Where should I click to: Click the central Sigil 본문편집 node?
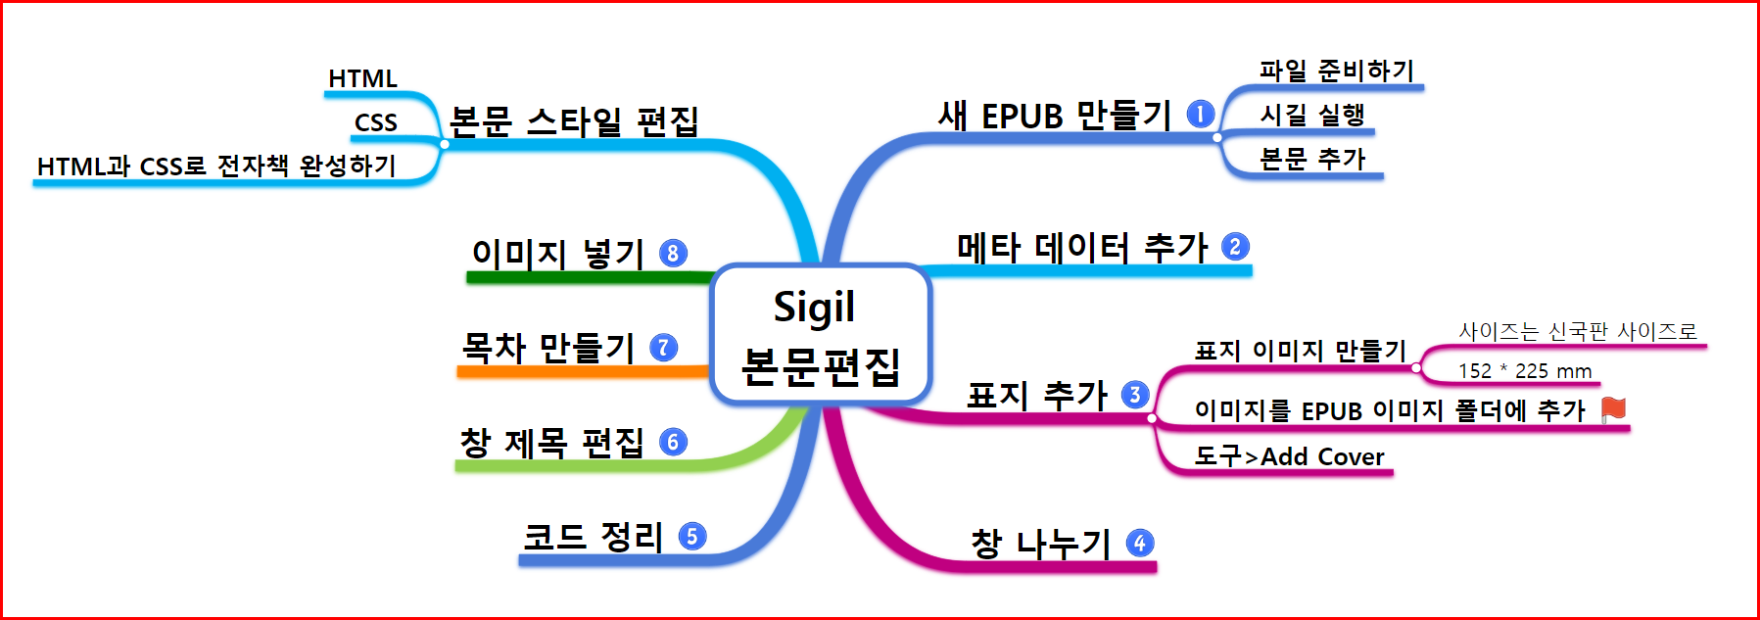(x=819, y=334)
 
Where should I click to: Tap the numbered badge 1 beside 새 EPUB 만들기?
(x=1200, y=115)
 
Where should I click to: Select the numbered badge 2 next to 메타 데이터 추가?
(x=1235, y=247)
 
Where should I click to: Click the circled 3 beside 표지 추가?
(x=1134, y=395)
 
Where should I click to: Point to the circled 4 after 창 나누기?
(x=1139, y=543)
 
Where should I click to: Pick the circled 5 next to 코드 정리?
(x=691, y=537)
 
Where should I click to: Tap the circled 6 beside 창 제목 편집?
(x=673, y=442)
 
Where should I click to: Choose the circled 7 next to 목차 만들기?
(x=663, y=348)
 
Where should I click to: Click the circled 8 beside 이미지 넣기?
(x=672, y=254)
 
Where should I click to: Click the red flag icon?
(x=1613, y=409)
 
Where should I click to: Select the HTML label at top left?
(x=362, y=78)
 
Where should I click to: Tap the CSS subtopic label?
(x=375, y=122)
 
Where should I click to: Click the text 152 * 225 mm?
(x=1524, y=371)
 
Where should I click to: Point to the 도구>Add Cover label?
(x=1289, y=456)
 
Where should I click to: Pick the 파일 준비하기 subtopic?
(x=1336, y=71)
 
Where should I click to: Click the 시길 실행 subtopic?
(x=1311, y=116)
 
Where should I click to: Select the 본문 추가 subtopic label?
(x=1311, y=159)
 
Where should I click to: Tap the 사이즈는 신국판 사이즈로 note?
(x=1577, y=332)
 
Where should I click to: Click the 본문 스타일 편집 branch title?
(x=573, y=121)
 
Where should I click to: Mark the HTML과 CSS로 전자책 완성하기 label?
(x=216, y=167)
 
